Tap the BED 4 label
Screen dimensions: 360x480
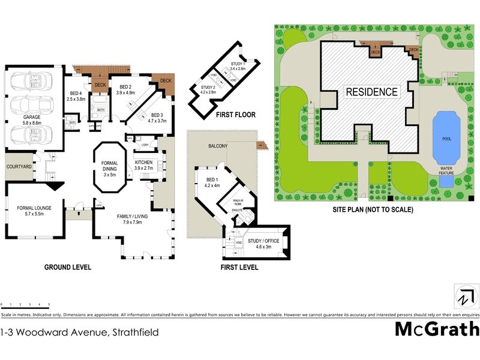[x=76, y=93]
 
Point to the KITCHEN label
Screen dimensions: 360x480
[x=146, y=163]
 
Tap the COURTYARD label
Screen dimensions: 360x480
[x=18, y=166]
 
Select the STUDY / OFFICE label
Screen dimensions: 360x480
[x=263, y=241]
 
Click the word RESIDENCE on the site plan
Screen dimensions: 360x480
[x=371, y=92]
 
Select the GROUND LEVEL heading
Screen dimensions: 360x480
[x=67, y=267]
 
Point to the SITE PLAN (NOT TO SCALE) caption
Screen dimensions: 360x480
[x=373, y=210]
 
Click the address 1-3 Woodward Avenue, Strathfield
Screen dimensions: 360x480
[x=80, y=332]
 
